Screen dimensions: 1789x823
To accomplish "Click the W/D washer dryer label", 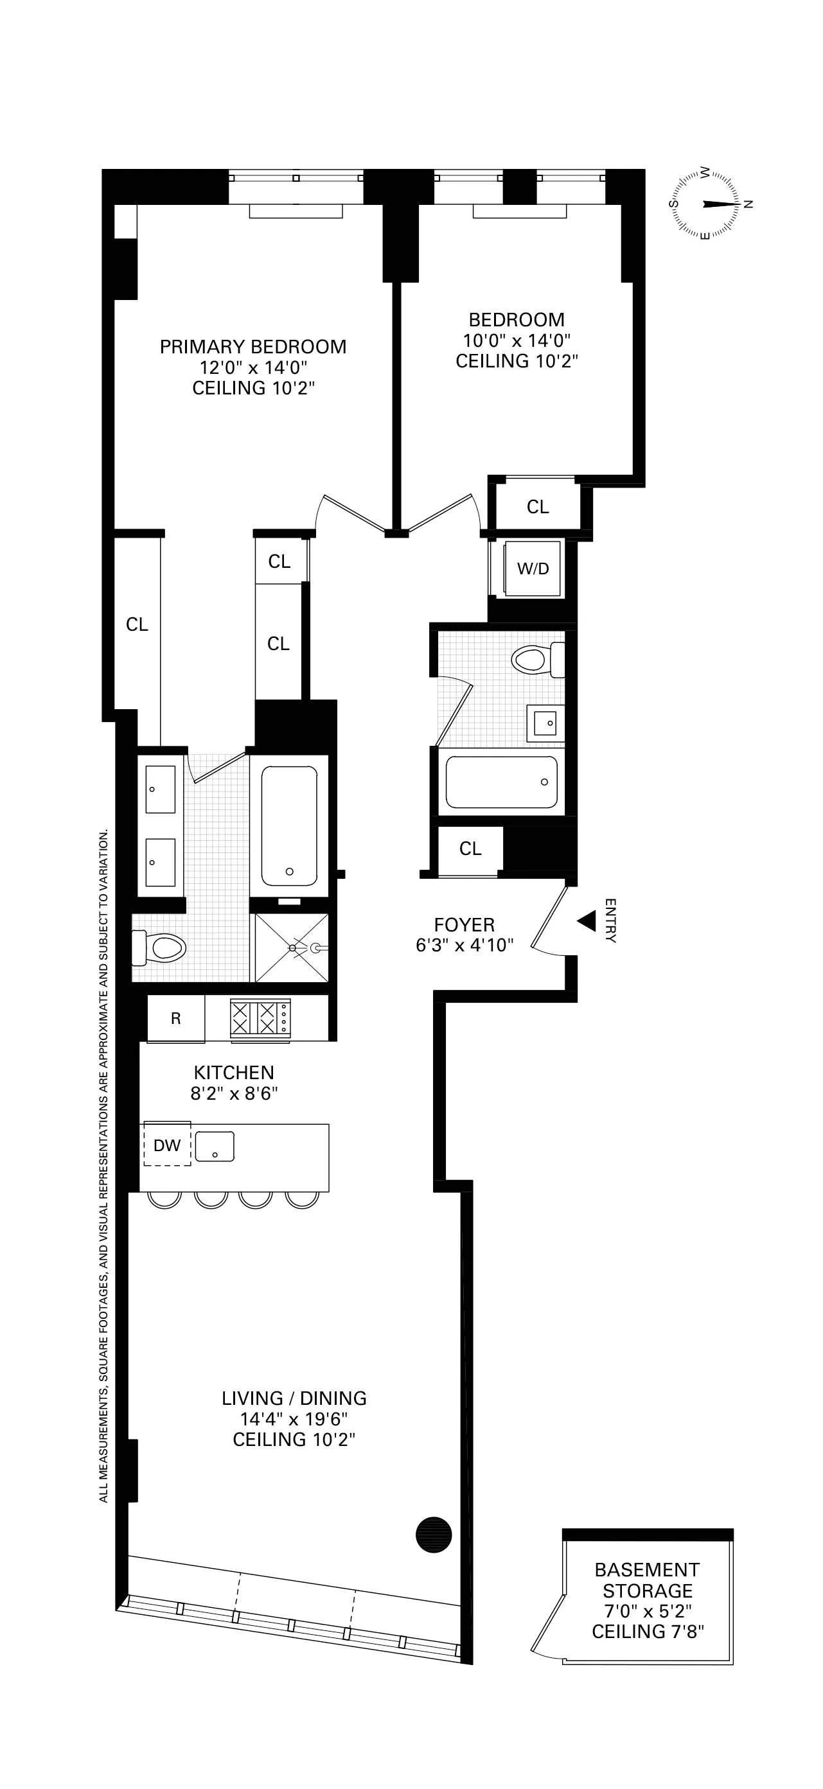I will point(533,568).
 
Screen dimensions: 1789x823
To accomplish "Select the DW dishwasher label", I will point(166,1145).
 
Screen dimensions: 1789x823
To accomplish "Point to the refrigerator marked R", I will point(175,1018).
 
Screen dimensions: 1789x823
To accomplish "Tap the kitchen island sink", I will point(215,1146).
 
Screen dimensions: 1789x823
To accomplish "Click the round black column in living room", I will point(434,1533).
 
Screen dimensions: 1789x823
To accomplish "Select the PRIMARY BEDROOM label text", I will point(252,346).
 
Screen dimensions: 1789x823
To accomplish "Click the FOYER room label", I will point(464,925).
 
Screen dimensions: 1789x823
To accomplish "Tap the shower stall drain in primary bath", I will point(293,948).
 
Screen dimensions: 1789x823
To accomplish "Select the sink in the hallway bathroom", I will point(545,723).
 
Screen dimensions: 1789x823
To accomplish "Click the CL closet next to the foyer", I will point(470,848).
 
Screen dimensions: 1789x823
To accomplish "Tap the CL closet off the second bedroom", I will point(538,507).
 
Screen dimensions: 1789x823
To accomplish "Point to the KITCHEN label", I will point(233,1072).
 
